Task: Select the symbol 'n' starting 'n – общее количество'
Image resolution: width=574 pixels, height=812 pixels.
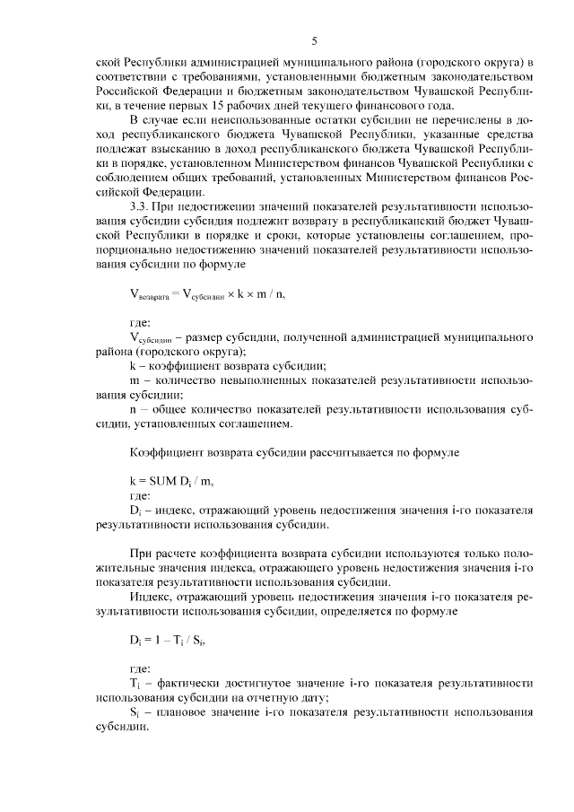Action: pyautogui.click(x=135, y=409)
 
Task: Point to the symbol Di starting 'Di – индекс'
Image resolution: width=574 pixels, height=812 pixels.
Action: pyautogui.click(x=136, y=511)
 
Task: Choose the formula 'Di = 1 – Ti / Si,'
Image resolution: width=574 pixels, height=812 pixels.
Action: pyautogui.click(x=172, y=641)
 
